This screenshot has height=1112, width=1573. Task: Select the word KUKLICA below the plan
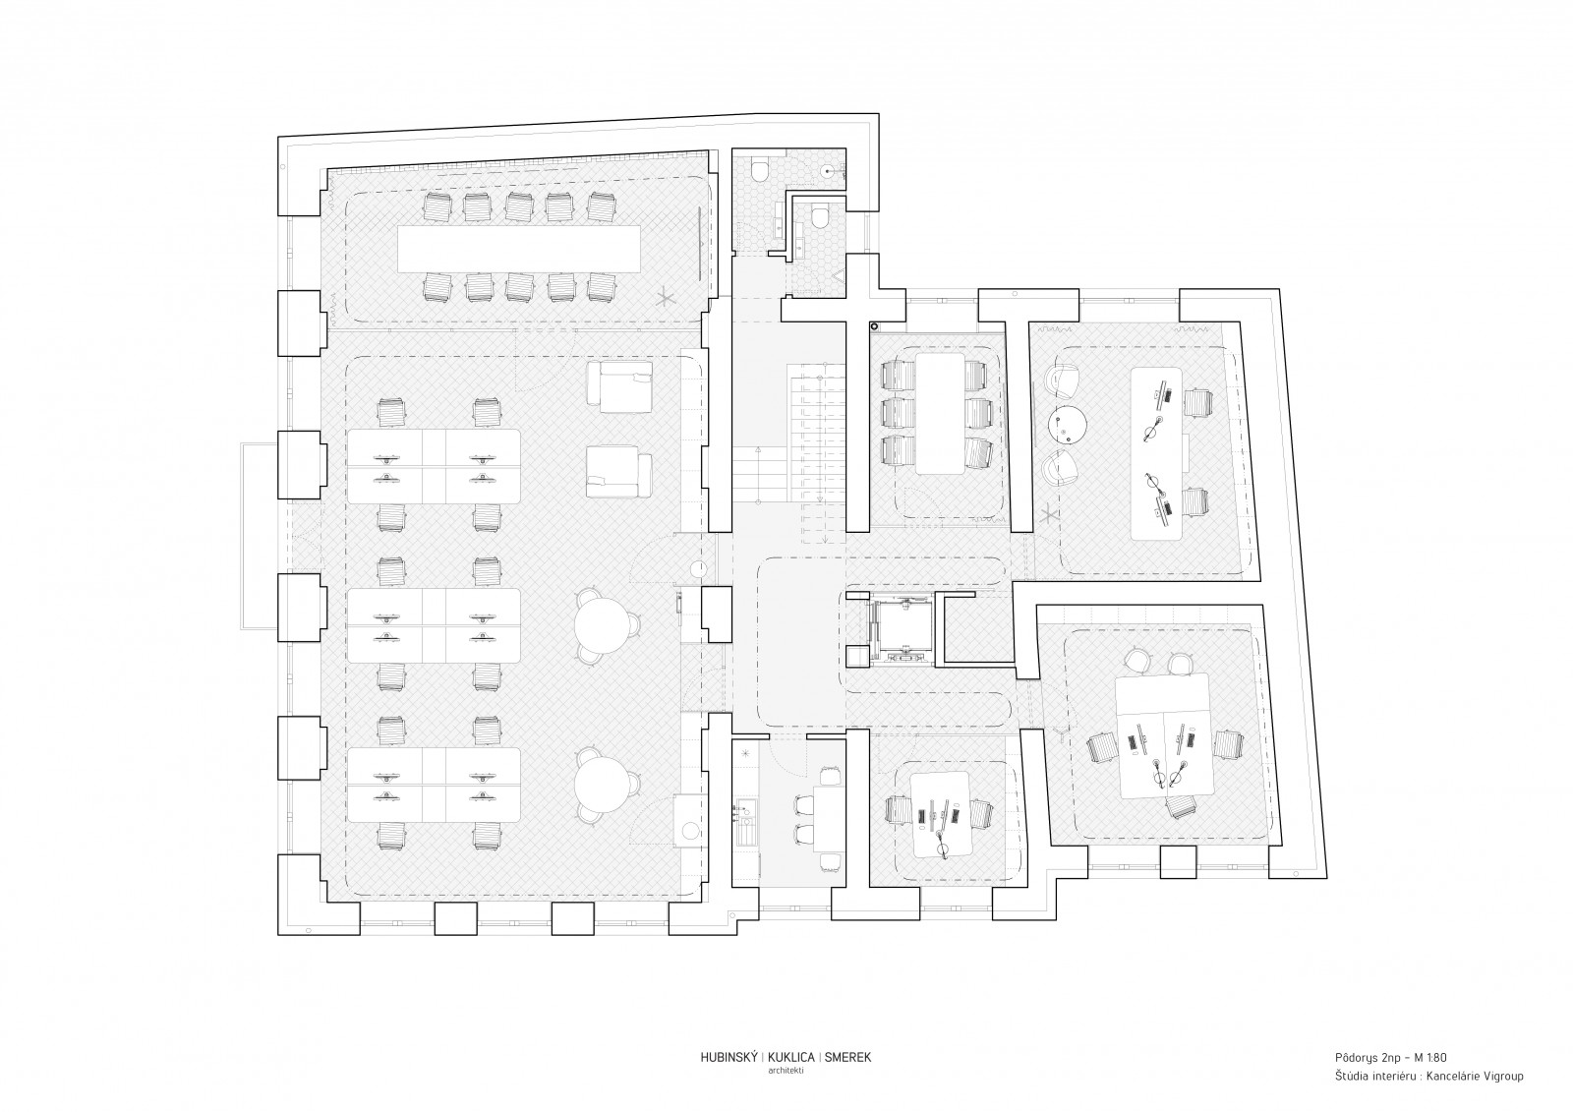[791, 1077]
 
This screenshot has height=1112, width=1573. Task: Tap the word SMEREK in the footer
[847, 1077]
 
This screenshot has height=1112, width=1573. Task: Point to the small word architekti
[786, 1090]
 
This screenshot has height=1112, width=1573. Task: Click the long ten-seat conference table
[519, 249]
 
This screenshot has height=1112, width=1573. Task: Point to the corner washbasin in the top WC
[830, 169]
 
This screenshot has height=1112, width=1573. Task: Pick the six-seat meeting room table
[940, 413]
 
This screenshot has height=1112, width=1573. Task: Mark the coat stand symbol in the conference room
[665, 300]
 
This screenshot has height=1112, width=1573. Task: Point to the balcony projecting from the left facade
[260, 536]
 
